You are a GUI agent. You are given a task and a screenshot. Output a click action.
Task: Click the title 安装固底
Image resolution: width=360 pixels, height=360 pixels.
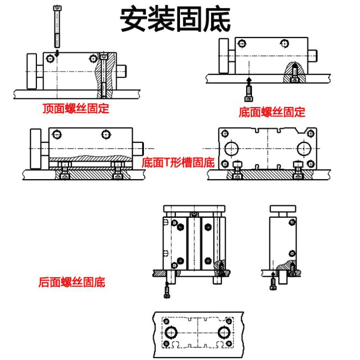(x=175, y=20)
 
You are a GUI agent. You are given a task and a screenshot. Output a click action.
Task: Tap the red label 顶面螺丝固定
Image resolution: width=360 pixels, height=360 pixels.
(x=76, y=108)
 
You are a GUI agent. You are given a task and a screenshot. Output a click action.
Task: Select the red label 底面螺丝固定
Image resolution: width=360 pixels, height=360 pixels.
(x=272, y=112)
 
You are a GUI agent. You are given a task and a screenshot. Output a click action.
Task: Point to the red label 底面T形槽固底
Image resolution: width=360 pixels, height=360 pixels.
(x=178, y=163)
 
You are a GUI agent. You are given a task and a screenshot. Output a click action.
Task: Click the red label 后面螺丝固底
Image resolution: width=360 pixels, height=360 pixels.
(x=72, y=282)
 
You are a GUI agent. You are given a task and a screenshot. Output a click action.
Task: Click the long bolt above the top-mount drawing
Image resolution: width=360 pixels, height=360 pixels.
(x=57, y=26)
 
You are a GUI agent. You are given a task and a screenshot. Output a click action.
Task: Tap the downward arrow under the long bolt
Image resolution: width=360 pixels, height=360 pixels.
(x=57, y=53)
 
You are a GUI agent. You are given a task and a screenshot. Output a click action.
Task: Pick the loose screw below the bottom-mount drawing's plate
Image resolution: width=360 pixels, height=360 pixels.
(x=249, y=93)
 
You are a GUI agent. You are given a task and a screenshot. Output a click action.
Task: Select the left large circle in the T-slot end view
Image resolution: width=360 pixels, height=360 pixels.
(x=231, y=149)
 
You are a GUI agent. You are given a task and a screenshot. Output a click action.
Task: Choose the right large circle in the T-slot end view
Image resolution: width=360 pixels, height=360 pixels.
(x=304, y=149)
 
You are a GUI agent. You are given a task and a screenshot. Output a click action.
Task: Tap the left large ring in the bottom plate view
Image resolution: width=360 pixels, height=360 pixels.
(x=171, y=333)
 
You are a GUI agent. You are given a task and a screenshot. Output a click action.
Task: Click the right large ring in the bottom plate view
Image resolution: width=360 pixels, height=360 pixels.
(x=224, y=333)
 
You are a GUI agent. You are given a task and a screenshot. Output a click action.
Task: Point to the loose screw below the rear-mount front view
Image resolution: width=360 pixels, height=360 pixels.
(x=167, y=290)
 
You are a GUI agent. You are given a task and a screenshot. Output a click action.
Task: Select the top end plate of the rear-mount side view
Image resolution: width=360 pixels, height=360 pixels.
(x=283, y=209)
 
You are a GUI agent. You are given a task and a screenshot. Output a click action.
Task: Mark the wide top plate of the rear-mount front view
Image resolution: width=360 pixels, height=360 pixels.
(x=194, y=209)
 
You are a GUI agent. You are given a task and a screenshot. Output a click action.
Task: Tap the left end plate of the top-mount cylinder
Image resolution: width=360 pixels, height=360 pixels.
(x=32, y=71)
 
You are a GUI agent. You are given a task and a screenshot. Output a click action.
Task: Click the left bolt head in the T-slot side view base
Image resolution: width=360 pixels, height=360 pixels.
(x=65, y=176)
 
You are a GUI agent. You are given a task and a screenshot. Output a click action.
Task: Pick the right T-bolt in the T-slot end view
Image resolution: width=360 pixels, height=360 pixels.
(x=298, y=170)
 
